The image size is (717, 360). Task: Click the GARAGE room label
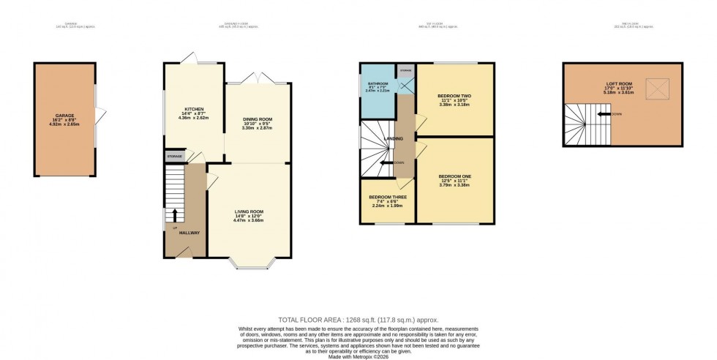click(x=65, y=116)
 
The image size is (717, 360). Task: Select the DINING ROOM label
click(x=257, y=119)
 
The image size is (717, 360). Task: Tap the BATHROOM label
click(x=378, y=84)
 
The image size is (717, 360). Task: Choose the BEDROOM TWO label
click(x=454, y=96)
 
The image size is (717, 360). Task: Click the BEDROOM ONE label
click(x=454, y=176)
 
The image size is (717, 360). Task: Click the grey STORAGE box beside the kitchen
click(x=174, y=157)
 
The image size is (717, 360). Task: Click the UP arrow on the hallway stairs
click(x=175, y=215)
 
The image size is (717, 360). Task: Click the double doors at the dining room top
click(x=258, y=78)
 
